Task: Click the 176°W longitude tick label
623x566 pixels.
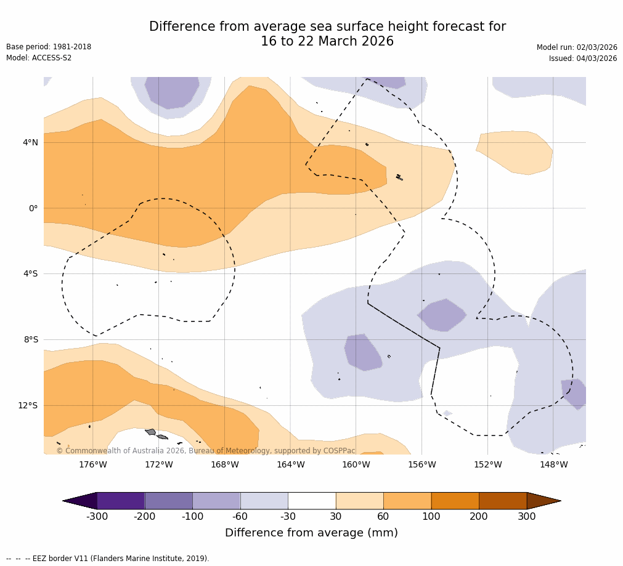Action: click(x=93, y=464)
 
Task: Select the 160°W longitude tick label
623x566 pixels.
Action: click(x=356, y=464)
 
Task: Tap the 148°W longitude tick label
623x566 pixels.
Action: click(x=553, y=464)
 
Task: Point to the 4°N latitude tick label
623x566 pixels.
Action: click(x=30, y=143)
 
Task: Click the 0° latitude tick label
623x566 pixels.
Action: click(x=33, y=208)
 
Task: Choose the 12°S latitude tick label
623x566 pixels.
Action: click(x=28, y=405)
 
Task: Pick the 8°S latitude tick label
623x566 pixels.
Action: click(x=31, y=339)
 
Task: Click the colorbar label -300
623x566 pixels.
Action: click(x=97, y=516)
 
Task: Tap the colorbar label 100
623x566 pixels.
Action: click(x=431, y=516)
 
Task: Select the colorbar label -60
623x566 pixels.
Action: click(x=240, y=516)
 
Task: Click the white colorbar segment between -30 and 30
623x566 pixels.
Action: click(x=312, y=501)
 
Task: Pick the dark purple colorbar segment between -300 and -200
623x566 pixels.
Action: click(x=121, y=501)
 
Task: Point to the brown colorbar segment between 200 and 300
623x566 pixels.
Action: click(x=503, y=501)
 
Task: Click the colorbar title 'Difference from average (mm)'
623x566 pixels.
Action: click(x=311, y=533)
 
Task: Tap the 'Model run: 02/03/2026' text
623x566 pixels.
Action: click(x=577, y=47)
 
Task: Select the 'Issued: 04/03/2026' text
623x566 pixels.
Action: click(x=583, y=59)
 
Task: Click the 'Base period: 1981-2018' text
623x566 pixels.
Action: click(x=49, y=47)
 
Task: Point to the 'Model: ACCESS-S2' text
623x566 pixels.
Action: click(x=39, y=58)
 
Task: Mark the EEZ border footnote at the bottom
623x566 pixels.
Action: click(x=108, y=559)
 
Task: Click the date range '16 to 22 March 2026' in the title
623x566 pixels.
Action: click(x=327, y=41)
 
